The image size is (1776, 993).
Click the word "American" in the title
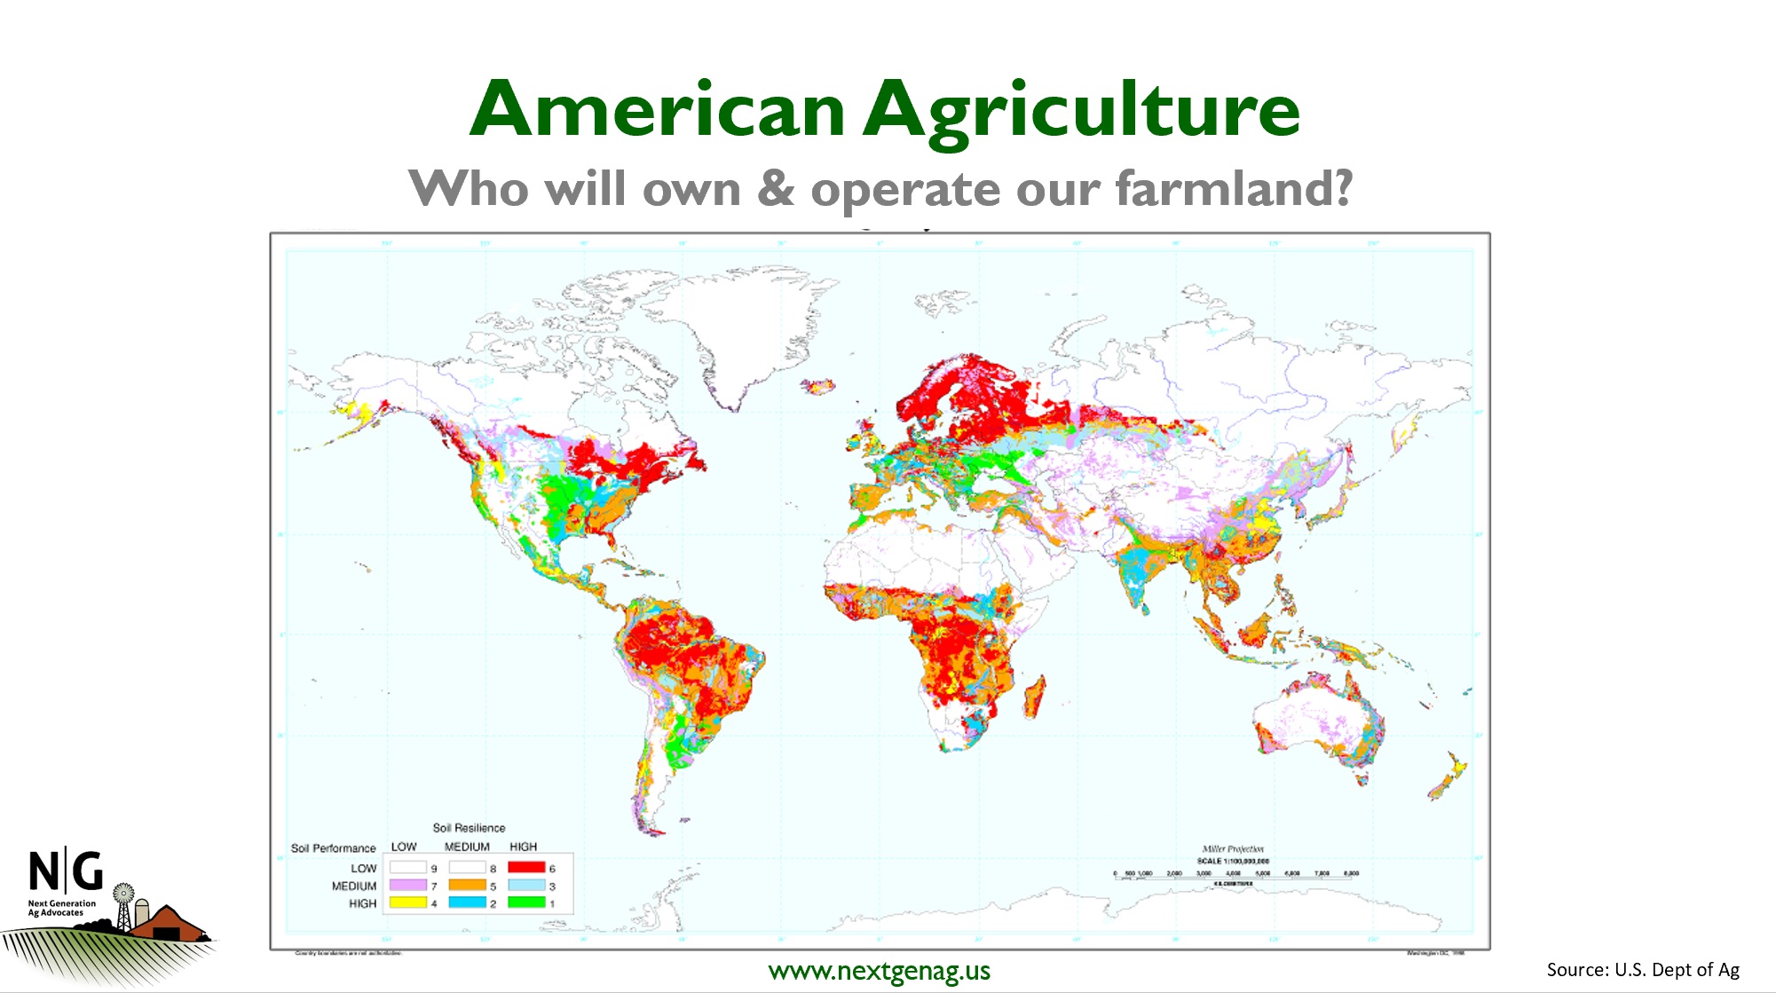click(x=657, y=110)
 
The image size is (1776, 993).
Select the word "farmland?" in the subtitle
click(x=1234, y=189)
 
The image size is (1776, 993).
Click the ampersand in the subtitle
click(x=776, y=188)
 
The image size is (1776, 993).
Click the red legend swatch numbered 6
click(x=526, y=867)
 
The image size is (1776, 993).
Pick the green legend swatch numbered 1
click(x=526, y=902)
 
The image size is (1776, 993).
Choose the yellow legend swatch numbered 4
click(x=408, y=902)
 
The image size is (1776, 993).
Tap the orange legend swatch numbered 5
click(x=467, y=885)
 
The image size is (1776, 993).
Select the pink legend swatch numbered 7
click(x=408, y=885)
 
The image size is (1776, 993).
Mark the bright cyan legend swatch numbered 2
click(x=467, y=902)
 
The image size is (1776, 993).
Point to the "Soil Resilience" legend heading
click(x=469, y=828)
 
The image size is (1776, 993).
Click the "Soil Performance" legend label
click(x=334, y=848)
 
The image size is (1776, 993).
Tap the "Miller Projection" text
click(x=1233, y=849)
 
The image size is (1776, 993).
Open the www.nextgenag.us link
click(x=879, y=971)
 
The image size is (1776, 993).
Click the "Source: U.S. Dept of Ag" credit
click(x=1643, y=970)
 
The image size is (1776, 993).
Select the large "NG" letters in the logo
click(x=66, y=871)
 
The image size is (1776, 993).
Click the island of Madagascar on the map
click(x=1035, y=697)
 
